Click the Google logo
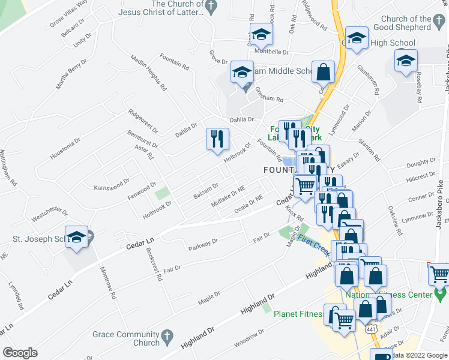[20, 352]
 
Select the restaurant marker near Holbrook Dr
[217, 140]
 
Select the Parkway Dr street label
[203, 245]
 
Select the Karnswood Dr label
[112, 184]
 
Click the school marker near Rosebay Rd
[406, 61]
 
